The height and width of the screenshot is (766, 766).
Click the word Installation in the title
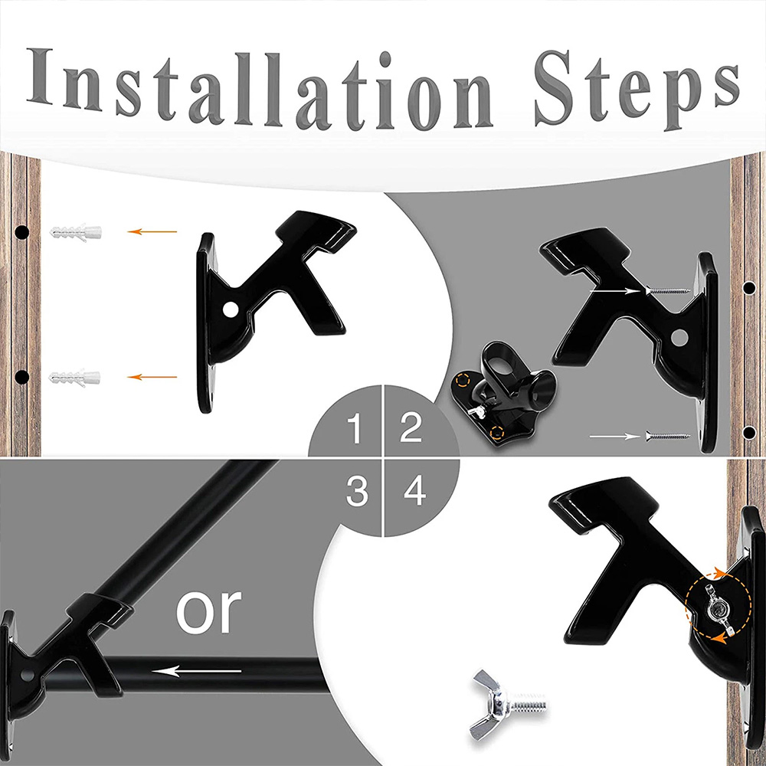tap(260, 87)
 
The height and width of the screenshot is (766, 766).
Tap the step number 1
tap(355, 428)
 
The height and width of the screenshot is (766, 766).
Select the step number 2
tap(411, 427)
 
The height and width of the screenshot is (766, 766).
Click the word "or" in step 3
tap(208, 611)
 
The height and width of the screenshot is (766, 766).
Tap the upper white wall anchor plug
tap(75, 231)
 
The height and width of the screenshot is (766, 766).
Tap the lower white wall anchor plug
tap(75, 378)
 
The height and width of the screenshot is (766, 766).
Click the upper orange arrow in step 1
tap(152, 231)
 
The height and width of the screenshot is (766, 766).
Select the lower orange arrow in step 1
tap(152, 377)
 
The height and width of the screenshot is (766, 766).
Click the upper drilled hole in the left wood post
tap(21, 231)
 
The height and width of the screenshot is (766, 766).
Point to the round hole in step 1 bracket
tap(230, 309)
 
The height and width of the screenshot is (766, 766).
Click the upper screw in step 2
tap(667, 290)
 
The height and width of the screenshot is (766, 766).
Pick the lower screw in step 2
tap(667, 435)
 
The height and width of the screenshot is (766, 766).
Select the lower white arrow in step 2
tap(614, 436)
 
